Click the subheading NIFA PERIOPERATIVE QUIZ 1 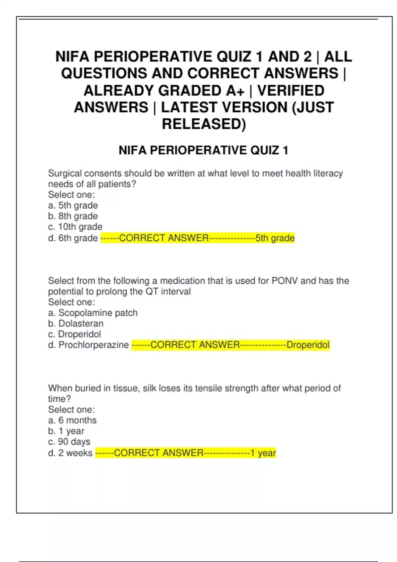tap(203, 150)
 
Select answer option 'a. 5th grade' tap(73, 205)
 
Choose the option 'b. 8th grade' tap(73, 216)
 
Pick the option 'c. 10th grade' tap(75, 227)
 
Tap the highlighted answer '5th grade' tap(275, 238)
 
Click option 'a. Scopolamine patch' tap(93, 313)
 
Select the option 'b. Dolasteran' tap(75, 323)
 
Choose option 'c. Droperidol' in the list tap(74, 334)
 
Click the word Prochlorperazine tap(94, 345)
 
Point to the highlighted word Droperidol tap(308, 345)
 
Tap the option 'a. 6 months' tap(72, 420)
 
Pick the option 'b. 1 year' tap(66, 431)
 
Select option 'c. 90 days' tap(69, 442)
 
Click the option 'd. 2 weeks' tap(70, 453)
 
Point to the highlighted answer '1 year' tap(263, 453)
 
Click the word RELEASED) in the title tap(204, 124)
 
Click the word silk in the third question tap(149, 388)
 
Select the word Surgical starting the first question tap(65, 173)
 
